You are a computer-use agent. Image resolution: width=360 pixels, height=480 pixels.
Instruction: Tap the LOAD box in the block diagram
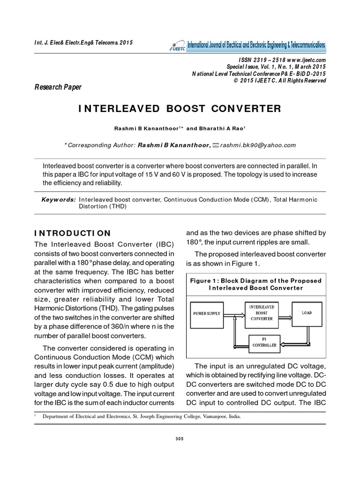(306, 313)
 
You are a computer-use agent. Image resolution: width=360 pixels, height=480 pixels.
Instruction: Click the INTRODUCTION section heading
(73, 233)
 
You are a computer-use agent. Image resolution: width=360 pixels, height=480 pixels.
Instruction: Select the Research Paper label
(58, 87)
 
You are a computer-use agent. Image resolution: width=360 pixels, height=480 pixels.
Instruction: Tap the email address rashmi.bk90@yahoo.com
(258, 145)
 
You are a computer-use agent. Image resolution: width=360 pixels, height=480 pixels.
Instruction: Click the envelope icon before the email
(216, 145)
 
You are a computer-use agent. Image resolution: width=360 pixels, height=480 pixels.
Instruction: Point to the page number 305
(180, 439)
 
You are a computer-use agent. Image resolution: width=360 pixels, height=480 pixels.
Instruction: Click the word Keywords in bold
(59, 200)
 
